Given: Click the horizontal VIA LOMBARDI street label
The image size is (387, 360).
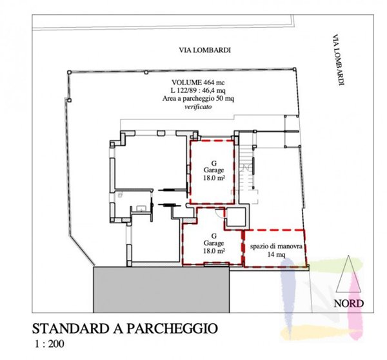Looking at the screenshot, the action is pyautogui.click(x=205, y=50).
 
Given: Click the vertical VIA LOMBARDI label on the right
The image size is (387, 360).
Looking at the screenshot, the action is pyautogui.click(x=338, y=60).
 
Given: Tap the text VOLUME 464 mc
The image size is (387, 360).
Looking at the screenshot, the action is pyautogui.click(x=198, y=82).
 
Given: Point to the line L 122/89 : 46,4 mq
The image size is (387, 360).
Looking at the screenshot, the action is pyautogui.click(x=198, y=90).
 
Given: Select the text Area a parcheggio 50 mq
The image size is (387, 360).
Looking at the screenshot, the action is pyautogui.click(x=198, y=99).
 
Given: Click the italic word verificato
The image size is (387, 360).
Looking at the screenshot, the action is pyautogui.click(x=198, y=106).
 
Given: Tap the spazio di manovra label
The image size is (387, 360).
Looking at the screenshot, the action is pyautogui.click(x=276, y=246).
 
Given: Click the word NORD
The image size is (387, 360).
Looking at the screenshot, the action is pyautogui.click(x=348, y=303).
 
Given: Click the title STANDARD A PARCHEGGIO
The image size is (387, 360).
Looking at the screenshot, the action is pyautogui.click(x=125, y=328).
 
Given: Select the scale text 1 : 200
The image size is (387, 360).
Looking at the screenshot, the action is pyautogui.click(x=50, y=344).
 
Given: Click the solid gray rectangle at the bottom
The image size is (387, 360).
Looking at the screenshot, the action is pyautogui.click(x=161, y=290).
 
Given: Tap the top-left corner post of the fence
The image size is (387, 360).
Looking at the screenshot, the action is pyautogui.click(x=70, y=72).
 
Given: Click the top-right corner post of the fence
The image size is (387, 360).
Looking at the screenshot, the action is pyautogui.click(x=295, y=69).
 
